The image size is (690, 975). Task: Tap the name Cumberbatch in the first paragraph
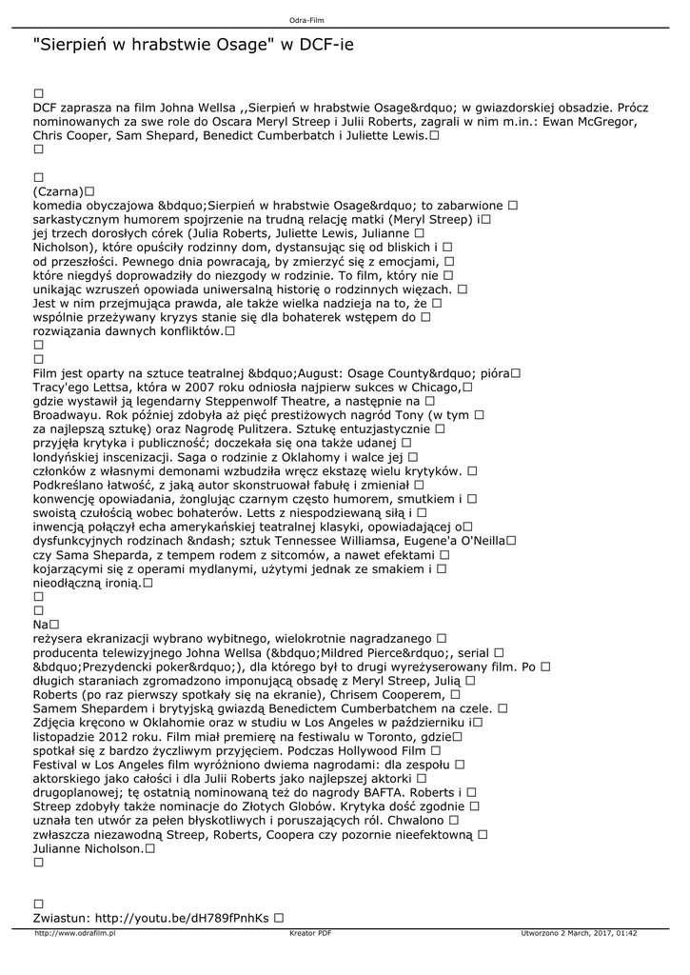[x=285, y=135]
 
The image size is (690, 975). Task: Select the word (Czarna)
[x=58, y=191]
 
